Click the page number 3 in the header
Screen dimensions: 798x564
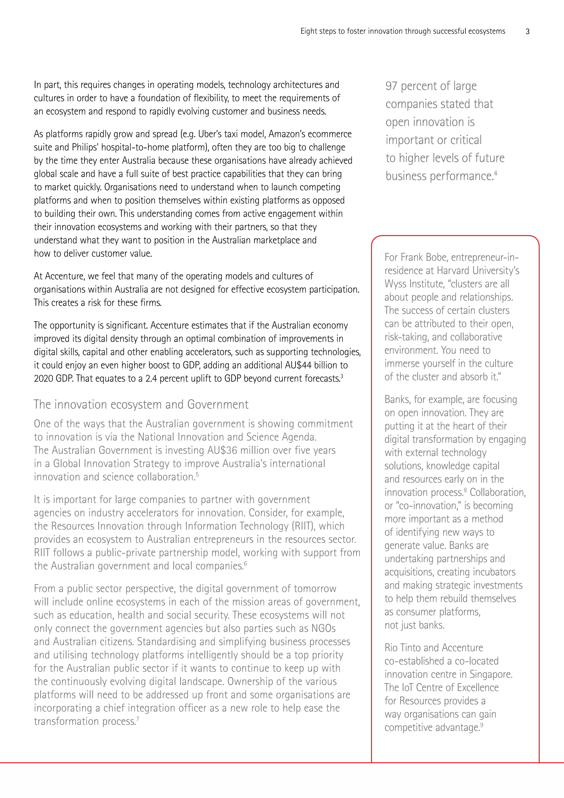[527, 32]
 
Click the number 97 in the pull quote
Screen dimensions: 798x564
[391, 86]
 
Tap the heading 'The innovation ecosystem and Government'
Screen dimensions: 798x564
[141, 405]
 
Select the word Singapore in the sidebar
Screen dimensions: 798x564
[491, 674]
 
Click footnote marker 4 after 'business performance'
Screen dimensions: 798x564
[496, 173]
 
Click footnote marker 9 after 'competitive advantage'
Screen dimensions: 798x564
[482, 725]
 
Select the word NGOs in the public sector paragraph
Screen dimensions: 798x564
[323, 628]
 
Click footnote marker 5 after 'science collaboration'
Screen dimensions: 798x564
[197, 474]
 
